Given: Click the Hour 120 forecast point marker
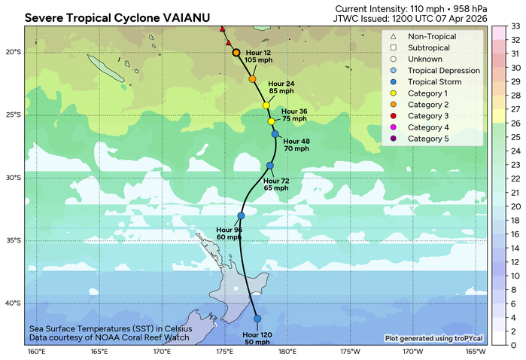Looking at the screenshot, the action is click(x=257, y=319).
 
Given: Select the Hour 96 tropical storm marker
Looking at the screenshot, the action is click(x=241, y=215).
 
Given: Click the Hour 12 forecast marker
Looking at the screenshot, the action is click(x=236, y=53).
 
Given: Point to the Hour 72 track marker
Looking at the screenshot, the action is click(x=270, y=166).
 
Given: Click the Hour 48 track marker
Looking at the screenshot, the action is click(x=275, y=134).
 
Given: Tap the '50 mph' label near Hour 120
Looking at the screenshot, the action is click(x=257, y=342).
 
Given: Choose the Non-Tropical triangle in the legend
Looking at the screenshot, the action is click(x=394, y=36).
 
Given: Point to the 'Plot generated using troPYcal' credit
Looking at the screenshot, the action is click(x=435, y=338).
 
